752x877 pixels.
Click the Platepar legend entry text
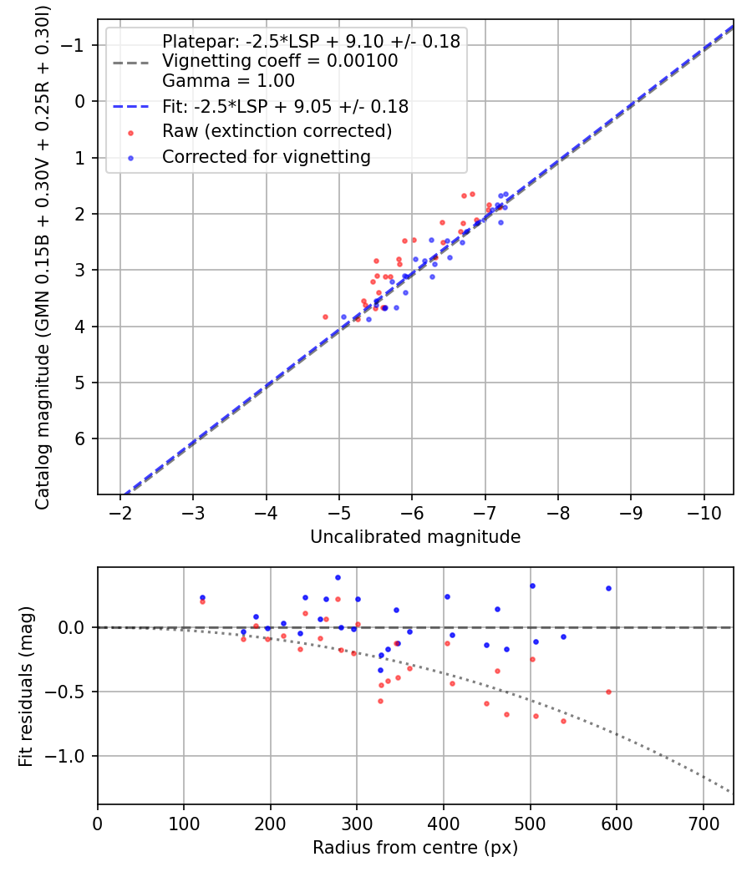311,42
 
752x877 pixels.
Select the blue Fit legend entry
285,107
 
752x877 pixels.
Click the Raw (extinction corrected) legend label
277,131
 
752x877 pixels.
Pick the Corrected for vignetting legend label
267,157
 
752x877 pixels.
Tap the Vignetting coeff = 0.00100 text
280,61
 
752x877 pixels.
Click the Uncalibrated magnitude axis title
415,537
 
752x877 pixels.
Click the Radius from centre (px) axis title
415,848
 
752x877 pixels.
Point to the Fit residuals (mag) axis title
25,685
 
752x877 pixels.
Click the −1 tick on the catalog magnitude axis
79,45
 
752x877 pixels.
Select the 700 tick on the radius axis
703,823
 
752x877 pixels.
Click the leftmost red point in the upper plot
326,317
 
